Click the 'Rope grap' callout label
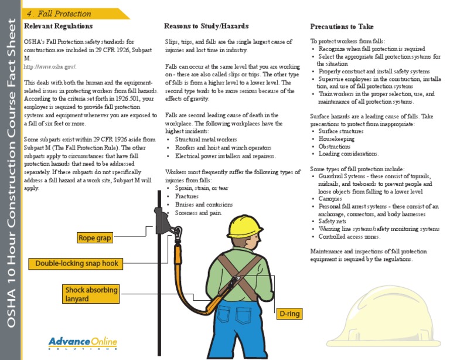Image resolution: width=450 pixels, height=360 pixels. coord(95,238)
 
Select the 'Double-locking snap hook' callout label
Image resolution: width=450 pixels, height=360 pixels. coord(77,264)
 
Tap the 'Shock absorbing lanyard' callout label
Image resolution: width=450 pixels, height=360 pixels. coord(91,294)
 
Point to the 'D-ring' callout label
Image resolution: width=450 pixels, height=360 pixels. coord(289,314)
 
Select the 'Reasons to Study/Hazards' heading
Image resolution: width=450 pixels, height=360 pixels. coord(206,27)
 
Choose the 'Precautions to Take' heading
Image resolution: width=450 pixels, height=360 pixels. coord(342,27)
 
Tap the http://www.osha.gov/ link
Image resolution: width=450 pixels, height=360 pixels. coord(50,67)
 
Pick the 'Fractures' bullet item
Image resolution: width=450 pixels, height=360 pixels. coord(187,197)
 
